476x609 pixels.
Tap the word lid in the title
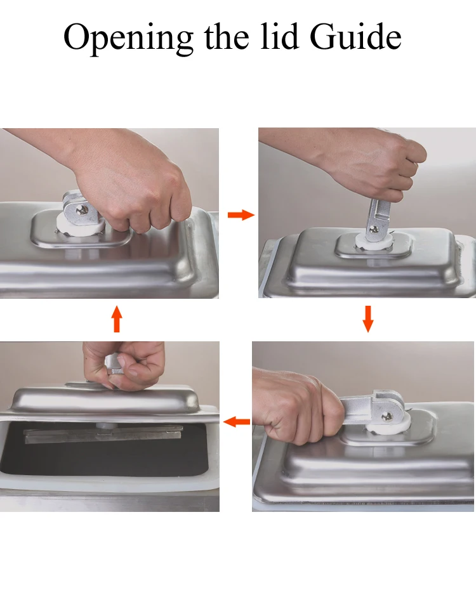point(279,36)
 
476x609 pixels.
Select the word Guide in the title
point(355,36)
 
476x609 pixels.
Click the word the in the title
point(227,36)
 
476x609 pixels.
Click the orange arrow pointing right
point(241,215)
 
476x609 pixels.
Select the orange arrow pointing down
point(367,319)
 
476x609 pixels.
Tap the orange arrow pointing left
point(237,421)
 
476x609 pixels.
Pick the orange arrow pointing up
point(117,318)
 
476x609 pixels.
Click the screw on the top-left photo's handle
point(82,210)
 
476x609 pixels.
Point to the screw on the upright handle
point(373,229)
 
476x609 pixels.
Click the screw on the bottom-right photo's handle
point(387,417)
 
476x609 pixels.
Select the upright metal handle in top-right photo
point(376,218)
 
